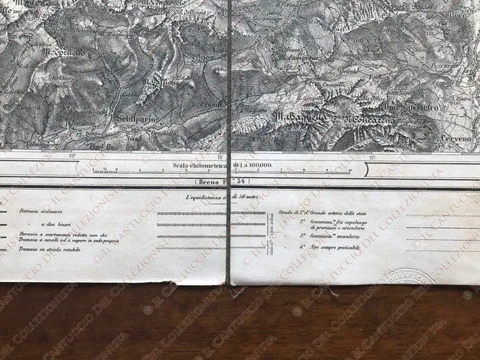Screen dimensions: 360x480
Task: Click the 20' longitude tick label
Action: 72,156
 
